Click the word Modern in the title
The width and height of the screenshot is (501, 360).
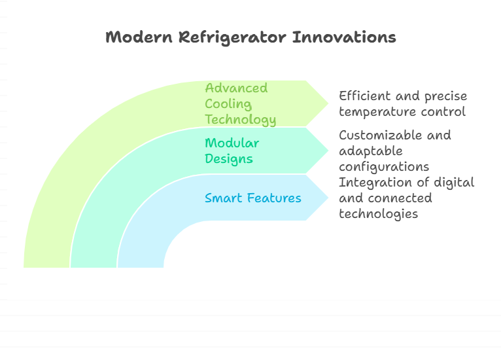(x=139, y=37)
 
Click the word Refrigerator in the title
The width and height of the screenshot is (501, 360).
(x=232, y=38)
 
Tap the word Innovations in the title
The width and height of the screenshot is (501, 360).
(x=344, y=37)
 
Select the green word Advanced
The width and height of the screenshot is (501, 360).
(x=236, y=88)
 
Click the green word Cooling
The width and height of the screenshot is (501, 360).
(x=228, y=104)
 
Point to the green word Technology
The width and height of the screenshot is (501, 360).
(x=241, y=120)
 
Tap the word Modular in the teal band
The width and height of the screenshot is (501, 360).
(x=232, y=143)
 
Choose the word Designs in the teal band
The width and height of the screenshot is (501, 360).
(x=229, y=159)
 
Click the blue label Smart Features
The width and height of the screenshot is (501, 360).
(x=252, y=198)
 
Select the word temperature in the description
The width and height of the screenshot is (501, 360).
(x=378, y=112)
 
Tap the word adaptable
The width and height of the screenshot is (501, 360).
(x=371, y=151)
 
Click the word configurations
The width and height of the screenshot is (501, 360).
(x=384, y=167)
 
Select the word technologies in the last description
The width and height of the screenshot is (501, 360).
(x=378, y=214)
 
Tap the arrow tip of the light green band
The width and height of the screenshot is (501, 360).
(x=328, y=103)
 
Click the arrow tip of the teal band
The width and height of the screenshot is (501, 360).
(x=328, y=151)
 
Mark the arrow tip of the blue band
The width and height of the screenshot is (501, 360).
(x=328, y=197)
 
